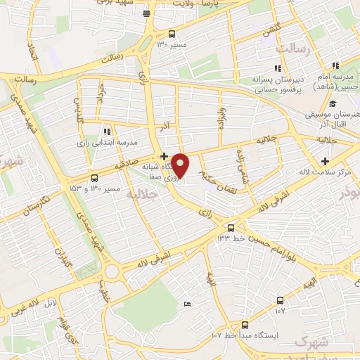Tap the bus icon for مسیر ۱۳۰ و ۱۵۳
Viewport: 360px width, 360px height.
click(94, 179)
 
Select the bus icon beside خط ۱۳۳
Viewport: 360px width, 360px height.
click(231, 227)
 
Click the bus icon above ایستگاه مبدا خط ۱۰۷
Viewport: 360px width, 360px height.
click(245, 325)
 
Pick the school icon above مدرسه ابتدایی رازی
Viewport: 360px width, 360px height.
click(106, 131)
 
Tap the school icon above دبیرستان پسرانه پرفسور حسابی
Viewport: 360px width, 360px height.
click(278, 68)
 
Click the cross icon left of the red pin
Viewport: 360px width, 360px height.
click(164, 156)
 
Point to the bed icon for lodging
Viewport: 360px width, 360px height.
click(187, 303)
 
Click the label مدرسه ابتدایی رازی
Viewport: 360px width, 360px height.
click(102, 142)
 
